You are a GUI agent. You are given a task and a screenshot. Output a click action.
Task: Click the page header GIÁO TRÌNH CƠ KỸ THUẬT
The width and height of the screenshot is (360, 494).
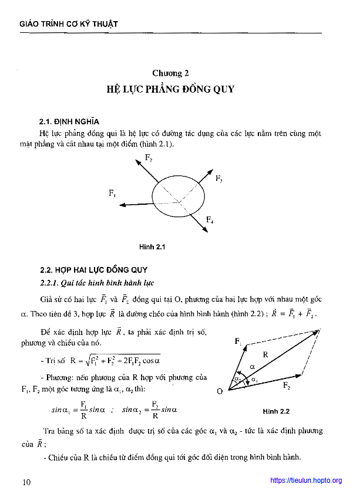point(69,24)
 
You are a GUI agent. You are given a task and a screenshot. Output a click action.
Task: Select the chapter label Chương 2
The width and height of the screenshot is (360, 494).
point(170,73)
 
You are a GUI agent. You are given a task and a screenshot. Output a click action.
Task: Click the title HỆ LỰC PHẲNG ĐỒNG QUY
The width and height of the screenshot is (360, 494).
point(170,90)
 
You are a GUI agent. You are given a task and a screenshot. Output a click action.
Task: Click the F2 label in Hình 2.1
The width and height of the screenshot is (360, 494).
point(149,157)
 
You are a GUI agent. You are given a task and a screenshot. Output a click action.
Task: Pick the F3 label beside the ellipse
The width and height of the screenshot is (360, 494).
point(218,178)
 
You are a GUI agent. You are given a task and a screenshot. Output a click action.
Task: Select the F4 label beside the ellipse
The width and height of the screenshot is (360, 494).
point(210,220)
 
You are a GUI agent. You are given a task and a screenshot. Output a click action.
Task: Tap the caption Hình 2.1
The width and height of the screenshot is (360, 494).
point(152,248)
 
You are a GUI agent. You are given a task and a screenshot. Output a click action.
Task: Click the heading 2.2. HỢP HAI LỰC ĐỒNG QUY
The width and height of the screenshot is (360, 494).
point(93,270)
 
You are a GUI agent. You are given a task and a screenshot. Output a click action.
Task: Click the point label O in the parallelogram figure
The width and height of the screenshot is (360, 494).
point(219,391)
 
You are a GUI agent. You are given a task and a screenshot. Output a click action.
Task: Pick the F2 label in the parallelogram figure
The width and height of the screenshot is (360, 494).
point(286,385)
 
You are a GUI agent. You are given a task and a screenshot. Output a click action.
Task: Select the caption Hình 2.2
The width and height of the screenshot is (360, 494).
point(277,411)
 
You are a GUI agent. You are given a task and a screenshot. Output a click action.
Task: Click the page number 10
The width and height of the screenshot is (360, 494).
point(26,482)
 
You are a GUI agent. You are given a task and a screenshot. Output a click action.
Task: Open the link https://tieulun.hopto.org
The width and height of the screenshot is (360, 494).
point(306,481)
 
